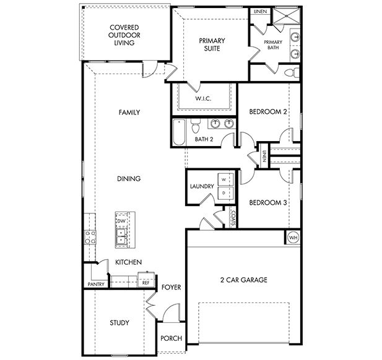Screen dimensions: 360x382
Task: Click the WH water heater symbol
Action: pos(292,237)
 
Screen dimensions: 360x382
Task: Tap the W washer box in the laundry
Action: pos(225,179)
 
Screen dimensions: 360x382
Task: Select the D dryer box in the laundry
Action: pos(225,193)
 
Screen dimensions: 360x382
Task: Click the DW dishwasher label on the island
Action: pos(121,221)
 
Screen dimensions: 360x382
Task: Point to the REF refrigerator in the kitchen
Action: pos(146,281)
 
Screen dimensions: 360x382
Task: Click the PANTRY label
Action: pos(95,285)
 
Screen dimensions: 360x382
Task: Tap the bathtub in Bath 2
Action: pos(178,132)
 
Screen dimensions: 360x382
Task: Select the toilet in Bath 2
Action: pos(195,126)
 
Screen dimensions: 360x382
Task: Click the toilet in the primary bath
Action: pos(289,73)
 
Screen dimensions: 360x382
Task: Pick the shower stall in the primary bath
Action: pos(285,16)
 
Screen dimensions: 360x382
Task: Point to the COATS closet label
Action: pos(232,218)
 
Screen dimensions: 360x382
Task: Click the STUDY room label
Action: pos(119,322)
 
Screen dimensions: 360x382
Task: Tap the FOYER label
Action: pos(170,288)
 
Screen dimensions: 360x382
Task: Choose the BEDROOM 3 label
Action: pos(267,202)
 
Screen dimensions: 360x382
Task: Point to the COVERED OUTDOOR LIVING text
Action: pos(124,35)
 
